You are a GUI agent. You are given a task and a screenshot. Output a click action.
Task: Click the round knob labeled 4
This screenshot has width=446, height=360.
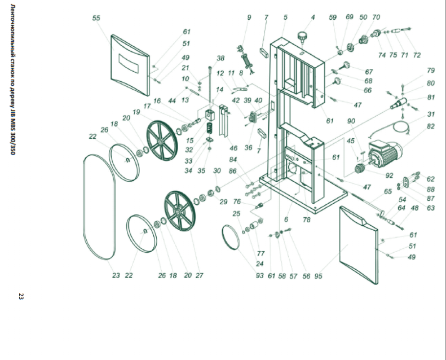coord(304,38)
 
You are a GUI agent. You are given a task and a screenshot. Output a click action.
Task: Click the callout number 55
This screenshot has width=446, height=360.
coord(96,19)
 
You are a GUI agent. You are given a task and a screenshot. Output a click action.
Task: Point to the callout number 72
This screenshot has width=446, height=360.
coord(417,55)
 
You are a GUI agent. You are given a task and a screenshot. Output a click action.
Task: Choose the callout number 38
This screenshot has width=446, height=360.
coord(220,58)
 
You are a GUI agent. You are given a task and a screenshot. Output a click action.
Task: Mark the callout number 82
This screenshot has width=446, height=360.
coord(431,126)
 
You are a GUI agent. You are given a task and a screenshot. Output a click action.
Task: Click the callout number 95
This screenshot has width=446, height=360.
coord(318,276)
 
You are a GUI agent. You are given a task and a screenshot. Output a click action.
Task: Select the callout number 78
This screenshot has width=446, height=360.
coord(306,220)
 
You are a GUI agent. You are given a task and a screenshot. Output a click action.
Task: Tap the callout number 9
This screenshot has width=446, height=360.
coord(249,17)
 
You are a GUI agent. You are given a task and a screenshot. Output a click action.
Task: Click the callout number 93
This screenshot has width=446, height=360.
coord(259,276)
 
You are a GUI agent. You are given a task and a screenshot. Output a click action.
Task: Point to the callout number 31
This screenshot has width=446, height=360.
coord(431,115)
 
